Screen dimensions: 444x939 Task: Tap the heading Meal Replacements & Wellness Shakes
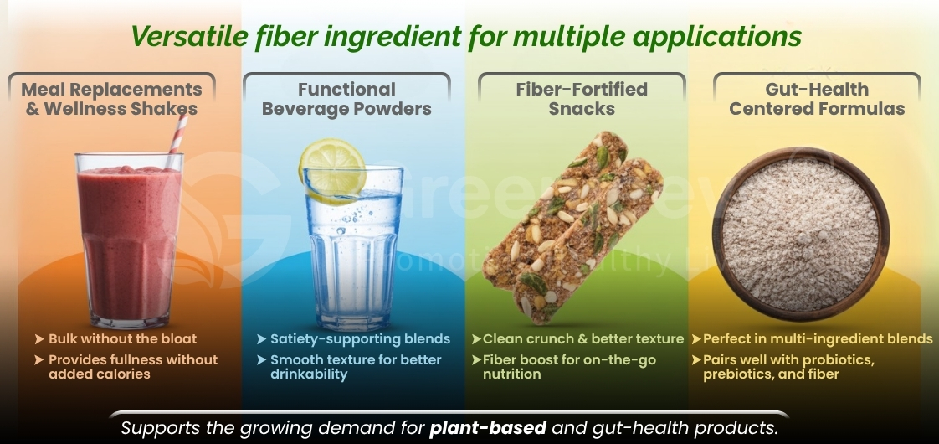pos(111,99)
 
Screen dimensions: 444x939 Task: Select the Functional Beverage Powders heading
pos(346,99)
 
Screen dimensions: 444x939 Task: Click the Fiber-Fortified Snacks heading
pos(582,99)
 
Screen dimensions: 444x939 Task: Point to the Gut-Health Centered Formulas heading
pos(817,99)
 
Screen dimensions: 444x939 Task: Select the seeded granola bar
pos(574,226)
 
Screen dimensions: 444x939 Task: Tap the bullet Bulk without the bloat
pos(122,339)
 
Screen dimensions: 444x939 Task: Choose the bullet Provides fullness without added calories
pos(132,367)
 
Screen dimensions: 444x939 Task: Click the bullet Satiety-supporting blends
pos(360,339)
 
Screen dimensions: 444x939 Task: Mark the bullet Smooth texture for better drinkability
pos(355,367)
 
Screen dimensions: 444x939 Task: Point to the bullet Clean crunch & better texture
pos(583,339)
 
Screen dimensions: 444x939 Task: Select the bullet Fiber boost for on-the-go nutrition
pos(569,367)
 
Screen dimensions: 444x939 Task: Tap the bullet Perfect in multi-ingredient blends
pos(817,339)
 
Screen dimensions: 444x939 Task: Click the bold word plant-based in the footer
pos(487,428)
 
